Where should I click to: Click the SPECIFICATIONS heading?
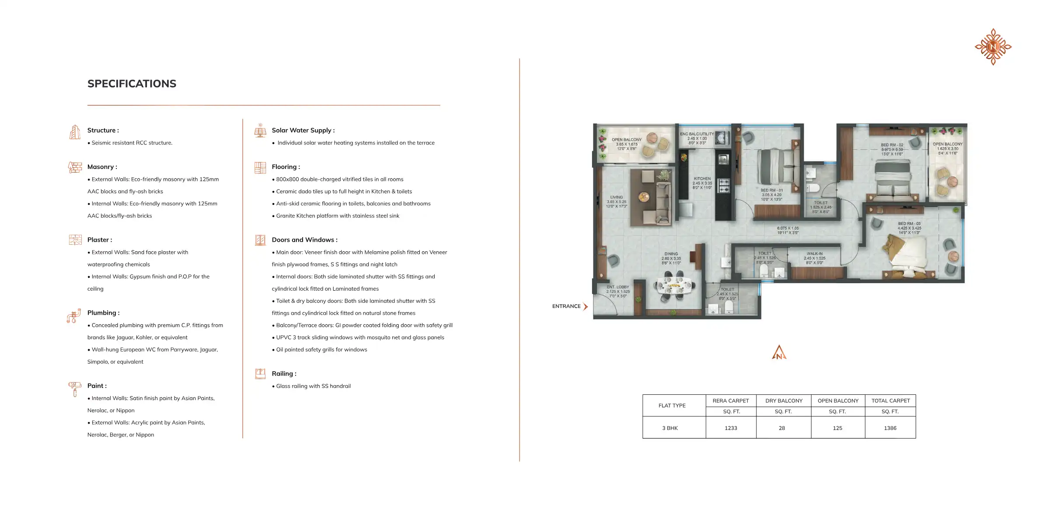[x=132, y=84]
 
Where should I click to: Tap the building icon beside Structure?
[x=75, y=131]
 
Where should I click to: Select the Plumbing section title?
[x=103, y=313]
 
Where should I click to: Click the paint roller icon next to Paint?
[x=75, y=388]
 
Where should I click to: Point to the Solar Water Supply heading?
[x=303, y=130]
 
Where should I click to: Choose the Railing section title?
[x=284, y=373]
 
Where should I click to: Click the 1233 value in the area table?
[x=731, y=428]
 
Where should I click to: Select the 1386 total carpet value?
[x=890, y=428]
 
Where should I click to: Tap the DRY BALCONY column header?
[x=784, y=401]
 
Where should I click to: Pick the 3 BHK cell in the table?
[x=670, y=428]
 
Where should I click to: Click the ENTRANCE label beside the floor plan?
[x=566, y=306]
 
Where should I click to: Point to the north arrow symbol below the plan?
[x=779, y=353]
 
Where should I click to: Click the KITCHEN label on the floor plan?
[x=702, y=179]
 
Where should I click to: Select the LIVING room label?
[x=616, y=197]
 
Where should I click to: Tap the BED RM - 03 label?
[x=909, y=224]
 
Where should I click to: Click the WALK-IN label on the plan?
[x=814, y=253]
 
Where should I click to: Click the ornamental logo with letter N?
[x=993, y=47]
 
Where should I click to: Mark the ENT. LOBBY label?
[x=617, y=287]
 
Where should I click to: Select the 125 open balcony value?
[x=837, y=428]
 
